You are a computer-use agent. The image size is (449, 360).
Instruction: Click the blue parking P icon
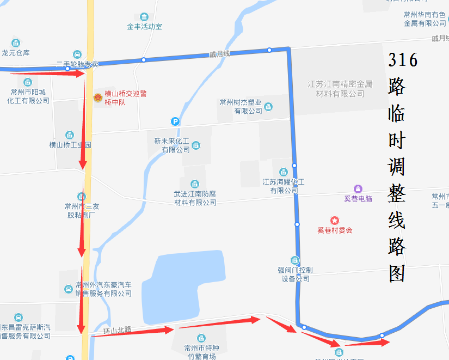175,121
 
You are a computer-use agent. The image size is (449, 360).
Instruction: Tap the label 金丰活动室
144,26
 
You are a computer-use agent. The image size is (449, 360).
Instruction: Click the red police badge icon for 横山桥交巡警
97,97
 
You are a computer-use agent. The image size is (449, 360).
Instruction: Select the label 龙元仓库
16,53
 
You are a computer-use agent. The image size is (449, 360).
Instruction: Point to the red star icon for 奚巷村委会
335,221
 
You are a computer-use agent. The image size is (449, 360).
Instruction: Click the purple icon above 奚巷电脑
358,188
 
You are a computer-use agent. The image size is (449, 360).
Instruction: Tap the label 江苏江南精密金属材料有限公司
340,89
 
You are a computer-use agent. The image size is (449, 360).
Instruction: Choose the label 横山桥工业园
70,145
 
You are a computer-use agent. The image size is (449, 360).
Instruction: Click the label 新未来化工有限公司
171,145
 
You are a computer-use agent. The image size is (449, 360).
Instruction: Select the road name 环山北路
118,330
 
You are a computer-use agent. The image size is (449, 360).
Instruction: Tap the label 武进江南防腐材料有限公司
195,198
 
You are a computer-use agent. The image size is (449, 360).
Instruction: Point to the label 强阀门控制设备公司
295,274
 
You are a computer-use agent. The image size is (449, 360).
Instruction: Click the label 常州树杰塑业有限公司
241,106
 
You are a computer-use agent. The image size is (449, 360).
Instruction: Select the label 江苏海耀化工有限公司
283,186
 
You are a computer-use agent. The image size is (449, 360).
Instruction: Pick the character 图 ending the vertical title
398,274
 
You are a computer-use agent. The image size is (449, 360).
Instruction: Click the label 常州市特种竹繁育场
201,352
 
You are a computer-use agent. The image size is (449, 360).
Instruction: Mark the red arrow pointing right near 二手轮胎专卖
47,72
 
